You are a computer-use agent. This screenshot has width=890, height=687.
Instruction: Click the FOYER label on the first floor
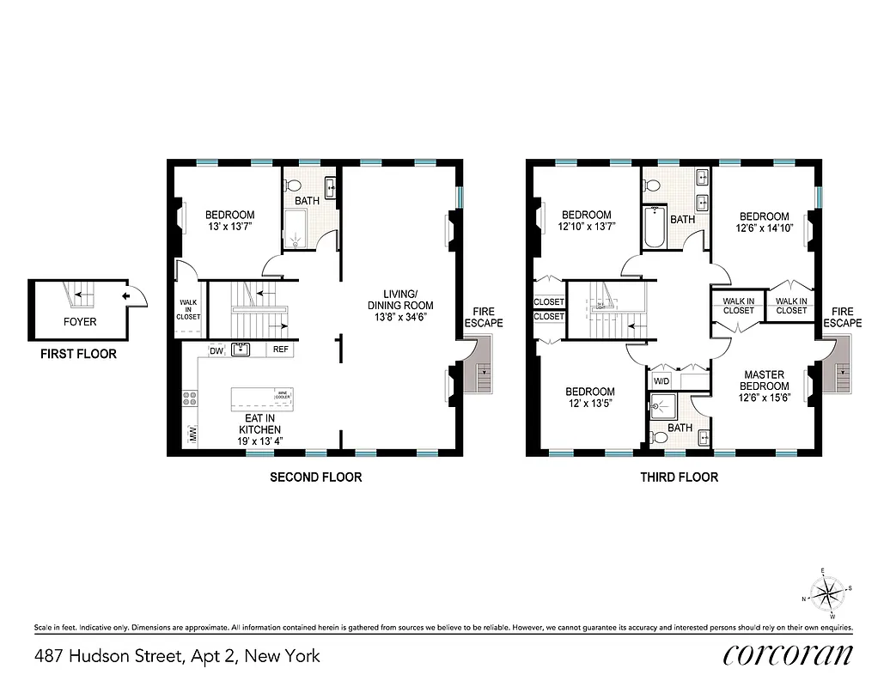pos(80,322)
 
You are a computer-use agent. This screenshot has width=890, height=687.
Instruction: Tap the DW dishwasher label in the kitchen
pos(216,350)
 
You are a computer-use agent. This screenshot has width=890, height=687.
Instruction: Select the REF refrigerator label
pos(281,350)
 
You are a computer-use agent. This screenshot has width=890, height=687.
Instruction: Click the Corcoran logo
pos(788,655)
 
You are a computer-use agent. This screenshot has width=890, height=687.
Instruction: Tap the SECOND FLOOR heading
pos(315,477)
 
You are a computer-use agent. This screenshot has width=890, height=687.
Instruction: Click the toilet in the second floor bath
pos(292,186)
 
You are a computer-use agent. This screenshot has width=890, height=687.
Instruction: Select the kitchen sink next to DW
pos(240,349)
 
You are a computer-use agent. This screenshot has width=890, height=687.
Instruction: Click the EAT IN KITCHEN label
pos(259,423)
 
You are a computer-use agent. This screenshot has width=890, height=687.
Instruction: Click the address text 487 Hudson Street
pos(177,656)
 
